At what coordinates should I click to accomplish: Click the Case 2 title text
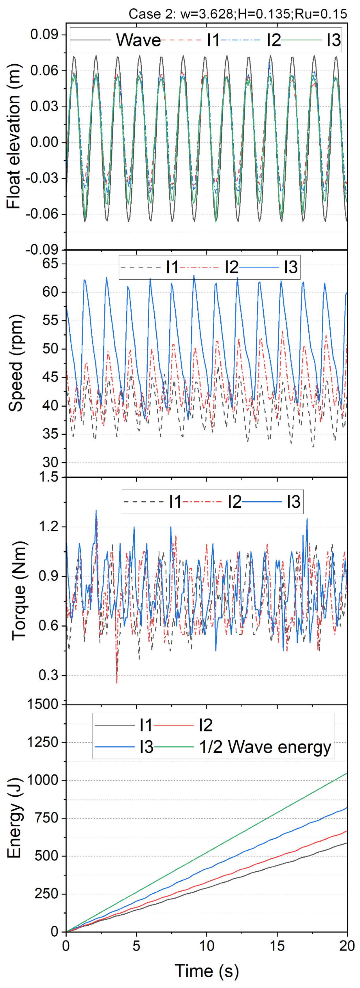tap(238, 14)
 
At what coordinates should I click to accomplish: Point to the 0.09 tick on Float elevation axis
tap(44, 35)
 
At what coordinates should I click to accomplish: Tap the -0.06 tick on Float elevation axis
tap(42, 214)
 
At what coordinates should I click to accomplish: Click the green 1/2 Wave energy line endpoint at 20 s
tap(347, 773)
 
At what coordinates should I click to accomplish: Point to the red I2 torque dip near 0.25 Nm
tap(117, 682)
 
